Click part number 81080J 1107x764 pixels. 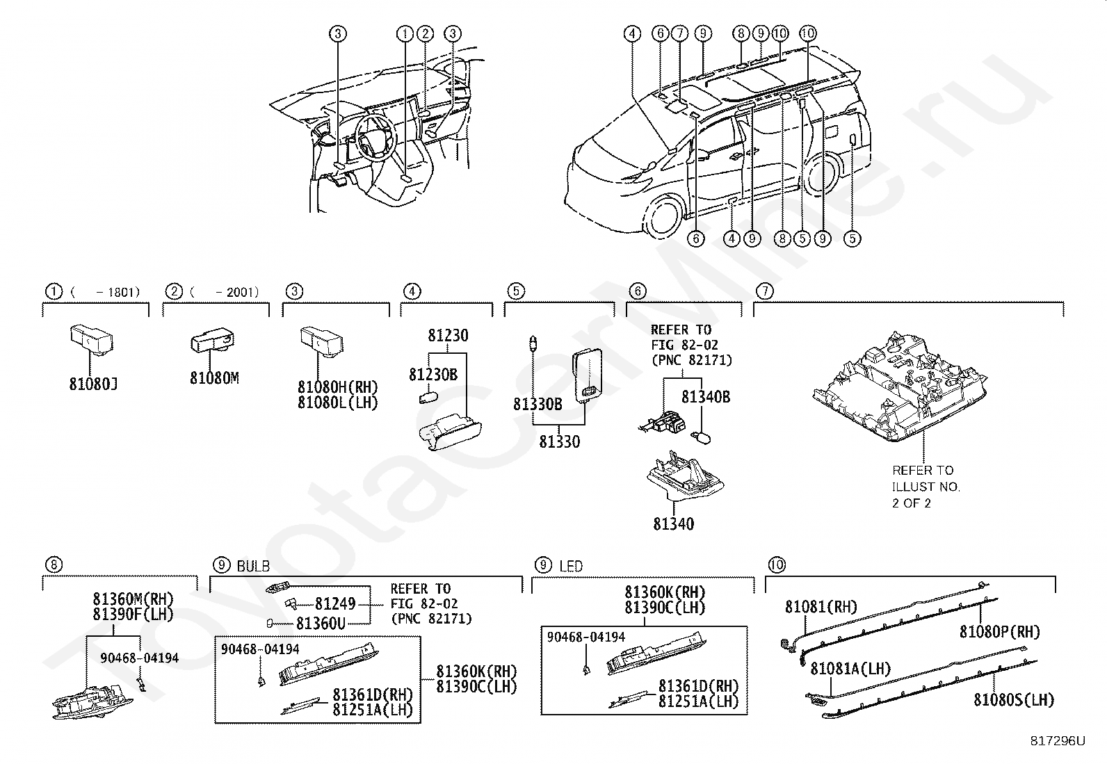coord(93,384)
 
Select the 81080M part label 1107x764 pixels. coord(214,378)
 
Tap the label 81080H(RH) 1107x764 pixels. coord(338,387)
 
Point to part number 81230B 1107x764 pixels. coord(433,375)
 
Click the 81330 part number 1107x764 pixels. coord(560,441)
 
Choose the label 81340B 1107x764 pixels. coord(706,397)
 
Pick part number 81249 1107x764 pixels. coord(335,603)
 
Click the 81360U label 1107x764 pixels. coord(321,624)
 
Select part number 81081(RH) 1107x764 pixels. coord(821,607)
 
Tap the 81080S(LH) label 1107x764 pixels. coord(1014,700)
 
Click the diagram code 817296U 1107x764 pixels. coord(1058,741)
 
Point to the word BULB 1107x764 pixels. coord(254,566)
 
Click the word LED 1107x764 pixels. coord(571,566)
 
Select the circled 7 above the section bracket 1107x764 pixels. coord(765,291)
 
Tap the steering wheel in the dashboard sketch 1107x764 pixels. coord(374,138)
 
